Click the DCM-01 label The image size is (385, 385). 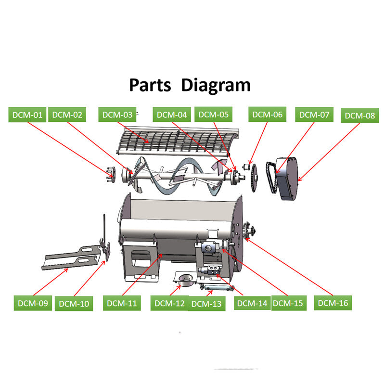point(28,115)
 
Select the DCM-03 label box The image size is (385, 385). point(117,115)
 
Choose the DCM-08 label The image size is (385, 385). point(360,115)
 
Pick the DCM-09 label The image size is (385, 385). point(33,303)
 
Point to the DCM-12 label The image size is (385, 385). point(169,303)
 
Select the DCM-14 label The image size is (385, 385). point(252,303)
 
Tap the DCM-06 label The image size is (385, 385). point(267,115)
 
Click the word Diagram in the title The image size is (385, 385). point(216,85)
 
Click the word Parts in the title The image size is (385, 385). point(150,85)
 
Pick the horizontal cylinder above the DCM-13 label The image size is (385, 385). point(217,287)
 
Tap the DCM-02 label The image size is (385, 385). point(67,115)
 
